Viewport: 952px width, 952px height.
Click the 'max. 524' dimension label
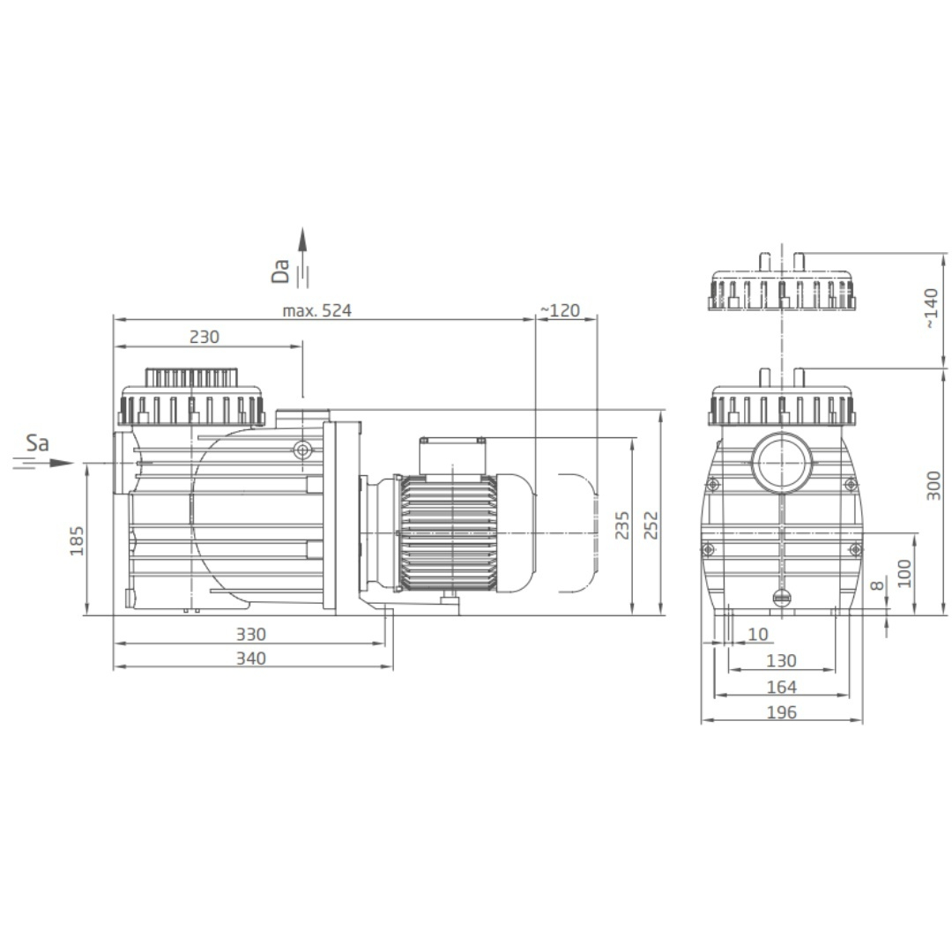click(317, 311)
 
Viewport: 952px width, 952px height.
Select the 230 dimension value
click(204, 337)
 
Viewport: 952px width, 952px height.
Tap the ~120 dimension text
click(560, 311)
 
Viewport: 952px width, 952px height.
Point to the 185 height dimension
click(77, 540)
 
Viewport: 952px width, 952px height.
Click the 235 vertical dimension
click(621, 525)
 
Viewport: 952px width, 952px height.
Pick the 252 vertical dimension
click(651, 525)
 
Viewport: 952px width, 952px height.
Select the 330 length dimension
click(250, 635)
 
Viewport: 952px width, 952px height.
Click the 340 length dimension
click(250, 658)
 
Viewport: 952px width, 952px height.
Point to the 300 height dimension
click(933, 486)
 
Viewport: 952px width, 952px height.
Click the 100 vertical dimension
click(904, 573)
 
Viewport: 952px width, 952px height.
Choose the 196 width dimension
click(781, 712)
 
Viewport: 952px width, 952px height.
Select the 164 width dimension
click(781, 688)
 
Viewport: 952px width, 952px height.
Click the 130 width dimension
click(781, 660)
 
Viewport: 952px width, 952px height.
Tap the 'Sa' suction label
click(37, 443)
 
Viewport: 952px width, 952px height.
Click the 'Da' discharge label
click(280, 271)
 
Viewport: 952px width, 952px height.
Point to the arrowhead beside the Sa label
click(62, 464)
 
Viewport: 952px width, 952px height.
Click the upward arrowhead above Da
click(302, 240)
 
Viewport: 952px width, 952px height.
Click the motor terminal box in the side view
click(452, 456)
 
